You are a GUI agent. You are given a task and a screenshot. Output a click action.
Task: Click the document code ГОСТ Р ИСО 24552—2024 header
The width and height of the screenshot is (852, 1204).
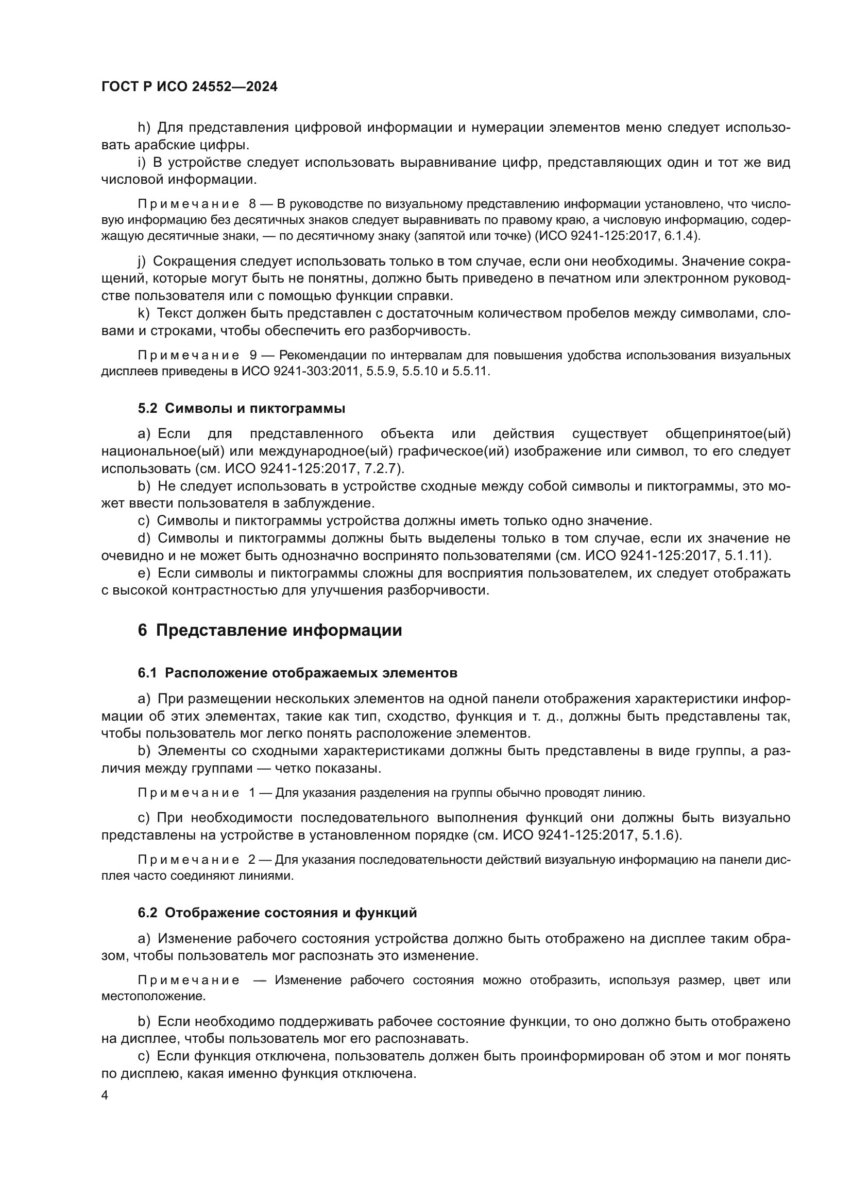pyautogui.click(x=190, y=87)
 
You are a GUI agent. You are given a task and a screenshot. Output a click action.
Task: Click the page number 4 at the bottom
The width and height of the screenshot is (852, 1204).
pyautogui.click(x=105, y=1095)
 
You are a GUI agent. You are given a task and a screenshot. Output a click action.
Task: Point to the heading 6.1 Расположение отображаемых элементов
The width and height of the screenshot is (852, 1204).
pyautogui.click(x=297, y=673)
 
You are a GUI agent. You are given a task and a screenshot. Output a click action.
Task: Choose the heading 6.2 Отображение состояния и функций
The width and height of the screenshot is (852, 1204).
pyautogui.click(x=277, y=913)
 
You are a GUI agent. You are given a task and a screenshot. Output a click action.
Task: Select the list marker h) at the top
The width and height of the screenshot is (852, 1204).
pyautogui.click(x=144, y=128)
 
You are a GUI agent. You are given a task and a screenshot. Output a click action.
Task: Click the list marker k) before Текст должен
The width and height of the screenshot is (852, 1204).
pyautogui.click(x=144, y=313)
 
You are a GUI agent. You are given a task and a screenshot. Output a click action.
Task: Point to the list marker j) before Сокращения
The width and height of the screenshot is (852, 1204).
pyautogui.click(x=142, y=261)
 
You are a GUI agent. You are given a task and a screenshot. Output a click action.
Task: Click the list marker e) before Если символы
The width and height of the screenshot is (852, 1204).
pyautogui.click(x=144, y=573)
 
